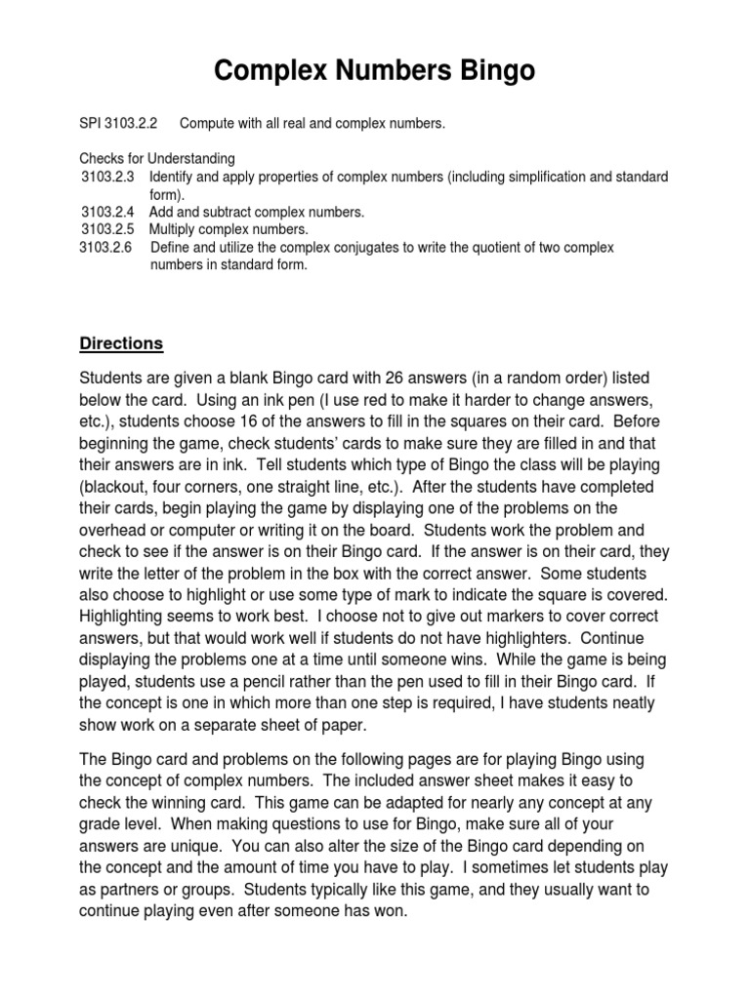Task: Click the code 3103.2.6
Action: (108, 247)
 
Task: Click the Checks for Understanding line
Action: (156, 159)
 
